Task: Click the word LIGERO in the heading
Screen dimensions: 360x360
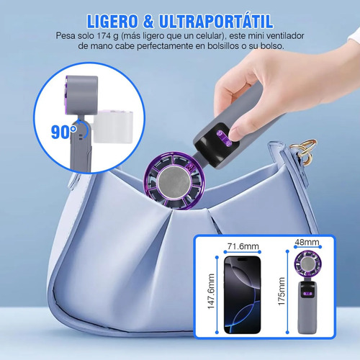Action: (x=112, y=22)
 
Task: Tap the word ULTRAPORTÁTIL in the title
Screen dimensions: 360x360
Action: (x=216, y=21)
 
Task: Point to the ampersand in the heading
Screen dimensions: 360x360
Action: (x=148, y=22)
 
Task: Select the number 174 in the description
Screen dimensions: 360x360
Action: (x=104, y=36)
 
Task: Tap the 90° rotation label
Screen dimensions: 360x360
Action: (x=63, y=132)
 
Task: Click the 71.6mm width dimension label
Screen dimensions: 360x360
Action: (x=243, y=246)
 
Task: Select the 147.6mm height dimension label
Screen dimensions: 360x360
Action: (x=211, y=292)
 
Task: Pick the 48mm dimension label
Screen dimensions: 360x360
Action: (x=307, y=242)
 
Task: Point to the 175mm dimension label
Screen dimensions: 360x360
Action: (x=282, y=292)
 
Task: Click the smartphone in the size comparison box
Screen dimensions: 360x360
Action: (x=242, y=294)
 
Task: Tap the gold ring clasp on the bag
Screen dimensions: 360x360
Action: (x=305, y=150)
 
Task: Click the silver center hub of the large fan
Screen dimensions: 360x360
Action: (x=174, y=181)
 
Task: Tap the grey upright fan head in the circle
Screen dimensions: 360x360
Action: (x=81, y=95)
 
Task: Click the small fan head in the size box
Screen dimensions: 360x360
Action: (x=308, y=264)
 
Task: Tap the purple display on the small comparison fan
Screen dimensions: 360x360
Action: (x=308, y=294)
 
